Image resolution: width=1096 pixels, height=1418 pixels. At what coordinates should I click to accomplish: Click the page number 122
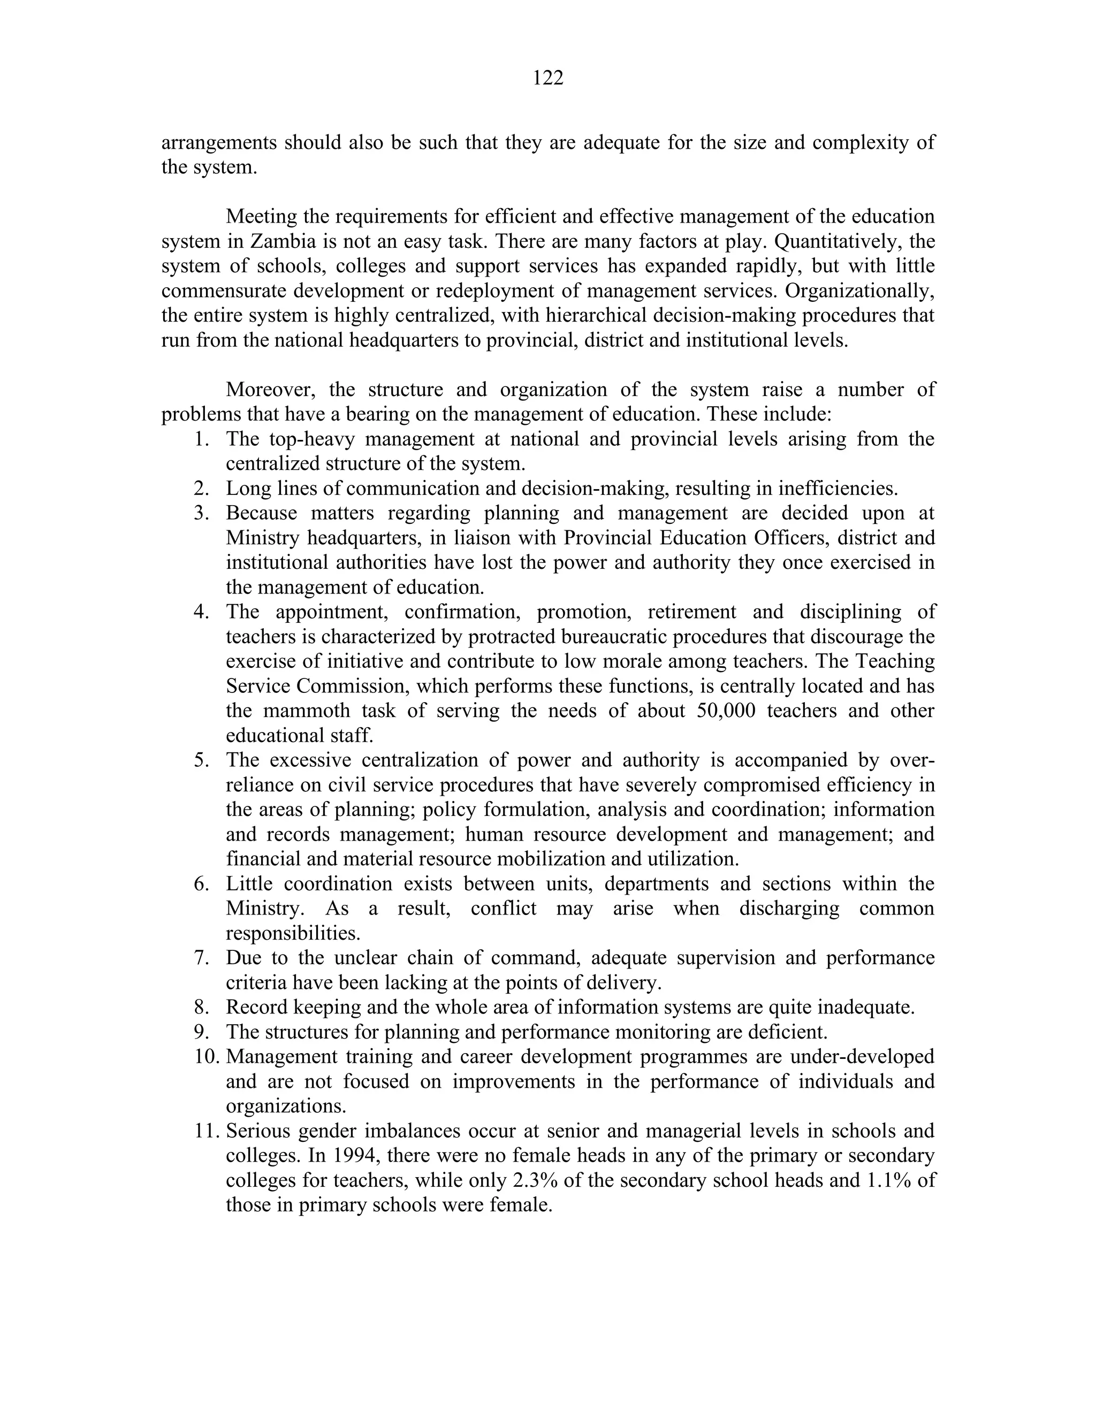(547, 79)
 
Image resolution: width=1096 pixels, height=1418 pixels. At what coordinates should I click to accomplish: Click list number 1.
(201, 439)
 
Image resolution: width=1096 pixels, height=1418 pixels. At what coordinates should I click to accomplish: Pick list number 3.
(201, 514)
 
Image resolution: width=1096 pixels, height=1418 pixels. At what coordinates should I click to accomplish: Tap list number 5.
(201, 760)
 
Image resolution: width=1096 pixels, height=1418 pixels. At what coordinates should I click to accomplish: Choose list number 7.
(201, 958)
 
